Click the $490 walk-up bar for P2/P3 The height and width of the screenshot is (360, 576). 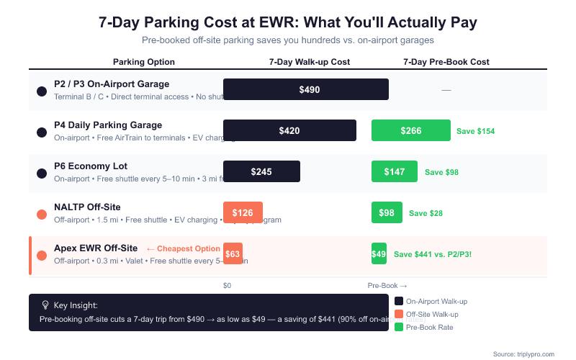tap(306, 89)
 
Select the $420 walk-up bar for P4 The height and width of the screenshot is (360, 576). tap(289, 130)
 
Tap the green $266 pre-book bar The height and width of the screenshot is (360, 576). tap(410, 130)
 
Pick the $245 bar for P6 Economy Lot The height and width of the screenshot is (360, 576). tap(261, 171)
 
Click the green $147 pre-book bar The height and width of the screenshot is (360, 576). tap(394, 171)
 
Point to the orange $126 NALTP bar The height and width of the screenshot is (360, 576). tap(243, 212)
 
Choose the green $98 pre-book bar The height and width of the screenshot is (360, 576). tap(387, 212)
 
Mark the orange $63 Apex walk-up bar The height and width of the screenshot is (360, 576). tap(233, 253)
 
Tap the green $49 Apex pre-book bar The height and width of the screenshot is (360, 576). tap(379, 253)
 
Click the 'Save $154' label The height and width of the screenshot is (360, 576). tap(475, 131)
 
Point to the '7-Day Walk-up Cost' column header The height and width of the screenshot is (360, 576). tap(310, 62)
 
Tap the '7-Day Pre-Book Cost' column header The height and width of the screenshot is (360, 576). tap(446, 62)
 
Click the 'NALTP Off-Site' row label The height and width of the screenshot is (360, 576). tap(87, 207)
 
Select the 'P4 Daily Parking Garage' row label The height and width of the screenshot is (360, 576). tap(108, 125)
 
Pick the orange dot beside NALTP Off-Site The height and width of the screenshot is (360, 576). tap(42, 214)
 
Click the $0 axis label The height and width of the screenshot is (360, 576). tap(228, 286)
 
